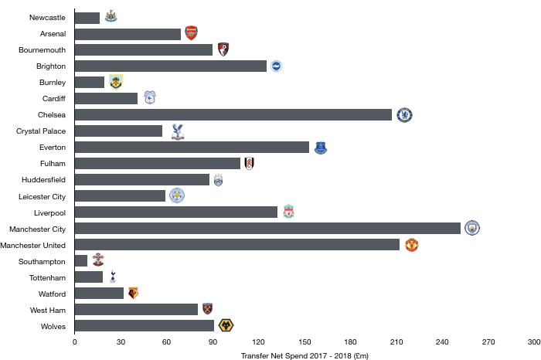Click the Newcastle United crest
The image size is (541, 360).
tap(111, 15)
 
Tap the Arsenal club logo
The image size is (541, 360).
tap(191, 33)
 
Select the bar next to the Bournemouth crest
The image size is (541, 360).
tap(144, 50)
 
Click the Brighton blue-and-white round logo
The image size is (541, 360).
tap(276, 66)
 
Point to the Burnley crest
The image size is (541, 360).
tap(116, 82)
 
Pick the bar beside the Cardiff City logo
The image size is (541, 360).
tap(106, 99)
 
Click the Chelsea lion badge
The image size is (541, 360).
tap(404, 115)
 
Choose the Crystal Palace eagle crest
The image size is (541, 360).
tap(178, 131)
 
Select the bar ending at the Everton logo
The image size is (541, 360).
tap(192, 148)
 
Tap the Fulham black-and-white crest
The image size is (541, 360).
tap(249, 164)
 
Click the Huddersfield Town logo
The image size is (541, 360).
tap(218, 180)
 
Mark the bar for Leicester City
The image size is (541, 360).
tap(120, 196)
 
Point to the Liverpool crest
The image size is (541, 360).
tap(288, 212)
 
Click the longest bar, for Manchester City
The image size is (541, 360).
tap(267, 229)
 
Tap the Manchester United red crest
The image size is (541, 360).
tap(412, 245)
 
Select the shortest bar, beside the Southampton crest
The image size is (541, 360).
tap(81, 261)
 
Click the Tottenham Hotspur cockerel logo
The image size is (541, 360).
tap(113, 277)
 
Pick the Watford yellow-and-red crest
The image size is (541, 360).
tap(133, 293)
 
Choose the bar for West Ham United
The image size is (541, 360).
tap(136, 310)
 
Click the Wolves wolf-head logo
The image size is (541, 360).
tap(226, 325)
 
